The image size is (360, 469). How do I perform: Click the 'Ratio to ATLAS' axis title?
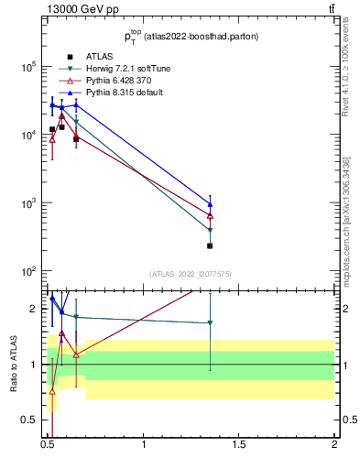pos(15,365)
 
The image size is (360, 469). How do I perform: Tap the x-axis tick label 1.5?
pos(239,446)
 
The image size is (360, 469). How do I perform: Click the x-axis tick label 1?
pos(144,446)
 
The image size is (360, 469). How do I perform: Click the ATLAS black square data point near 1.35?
pos(211,245)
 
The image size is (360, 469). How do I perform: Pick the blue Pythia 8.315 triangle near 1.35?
pos(211,204)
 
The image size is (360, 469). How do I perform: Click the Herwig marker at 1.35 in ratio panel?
pos(211,322)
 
